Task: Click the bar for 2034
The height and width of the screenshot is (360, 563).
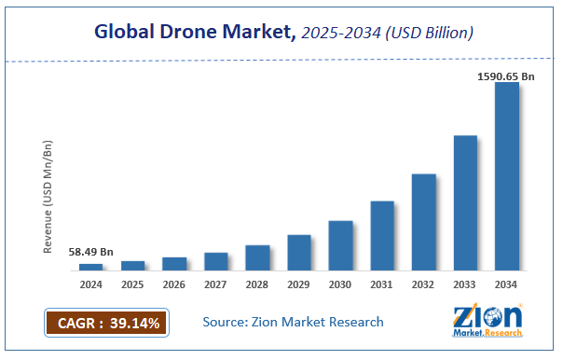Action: pyautogui.click(x=506, y=176)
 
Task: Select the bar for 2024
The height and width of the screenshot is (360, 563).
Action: pyautogui.click(x=91, y=267)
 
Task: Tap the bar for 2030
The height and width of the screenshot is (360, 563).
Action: pyautogui.click(x=340, y=245)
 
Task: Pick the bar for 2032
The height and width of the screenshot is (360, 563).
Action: pyautogui.click(x=423, y=222)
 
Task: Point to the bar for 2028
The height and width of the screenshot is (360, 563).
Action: pyautogui.click(x=257, y=257)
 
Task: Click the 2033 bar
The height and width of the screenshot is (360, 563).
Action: pyautogui.click(x=465, y=202)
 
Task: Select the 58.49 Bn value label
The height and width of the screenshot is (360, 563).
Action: pyautogui.click(x=91, y=252)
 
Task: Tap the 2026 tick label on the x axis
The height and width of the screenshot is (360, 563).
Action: pyautogui.click(x=174, y=284)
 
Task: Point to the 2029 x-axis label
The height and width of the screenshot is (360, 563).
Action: pyautogui.click(x=299, y=284)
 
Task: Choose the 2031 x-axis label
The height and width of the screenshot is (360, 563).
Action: pyautogui.click(x=382, y=284)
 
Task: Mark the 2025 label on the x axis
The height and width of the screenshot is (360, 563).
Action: pyautogui.click(x=132, y=284)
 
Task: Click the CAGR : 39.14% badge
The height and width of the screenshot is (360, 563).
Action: pyautogui.click(x=105, y=324)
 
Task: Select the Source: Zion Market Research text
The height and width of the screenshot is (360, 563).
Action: pyautogui.click(x=293, y=322)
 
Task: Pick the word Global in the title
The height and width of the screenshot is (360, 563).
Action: pyautogui.click(x=128, y=33)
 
